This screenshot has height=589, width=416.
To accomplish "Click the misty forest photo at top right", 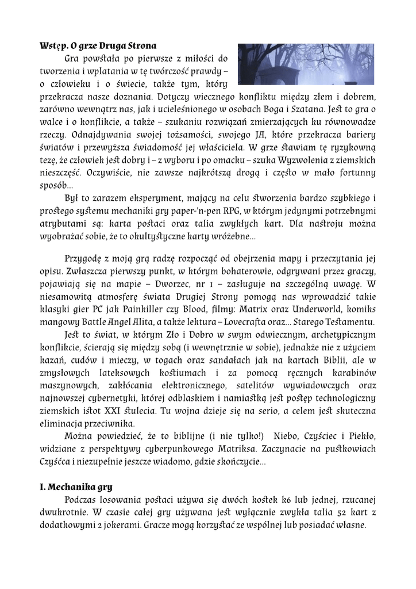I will click(x=306, y=63).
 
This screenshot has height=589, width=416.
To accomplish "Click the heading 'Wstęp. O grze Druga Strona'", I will click(x=98, y=45).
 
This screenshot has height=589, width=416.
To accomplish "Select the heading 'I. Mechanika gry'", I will click(x=72, y=487).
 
